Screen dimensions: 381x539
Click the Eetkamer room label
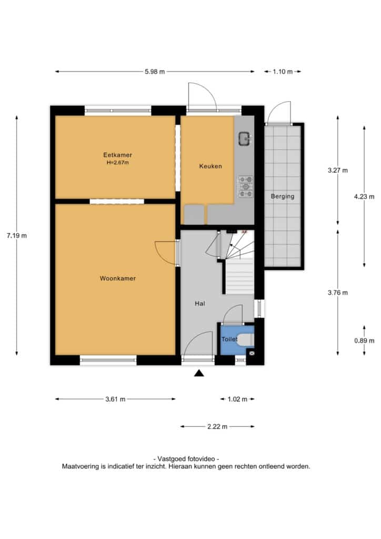point(117,155)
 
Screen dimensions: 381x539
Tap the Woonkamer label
point(118,278)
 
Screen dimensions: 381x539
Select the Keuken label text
point(210,166)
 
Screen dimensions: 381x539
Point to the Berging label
point(283,197)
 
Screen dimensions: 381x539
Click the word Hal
point(200,304)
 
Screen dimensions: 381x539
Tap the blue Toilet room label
point(229,340)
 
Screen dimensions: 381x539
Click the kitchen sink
point(245,138)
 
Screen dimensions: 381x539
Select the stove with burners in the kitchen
point(246,187)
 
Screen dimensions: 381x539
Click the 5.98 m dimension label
point(155,72)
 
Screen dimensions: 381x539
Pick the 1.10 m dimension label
point(283,72)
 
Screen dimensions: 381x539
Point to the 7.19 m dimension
point(16,236)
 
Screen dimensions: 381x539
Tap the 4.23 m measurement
point(364,197)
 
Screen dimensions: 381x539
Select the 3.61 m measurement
point(115,399)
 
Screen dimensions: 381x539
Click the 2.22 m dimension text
point(217,426)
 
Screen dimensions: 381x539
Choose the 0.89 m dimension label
point(364,341)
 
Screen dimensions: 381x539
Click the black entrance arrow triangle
point(199,373)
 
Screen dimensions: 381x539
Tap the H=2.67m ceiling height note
point(117,163)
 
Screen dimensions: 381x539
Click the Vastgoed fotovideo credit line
point(186,459)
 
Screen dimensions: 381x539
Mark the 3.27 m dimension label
point(338,170)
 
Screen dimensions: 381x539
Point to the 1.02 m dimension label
point(237,399)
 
